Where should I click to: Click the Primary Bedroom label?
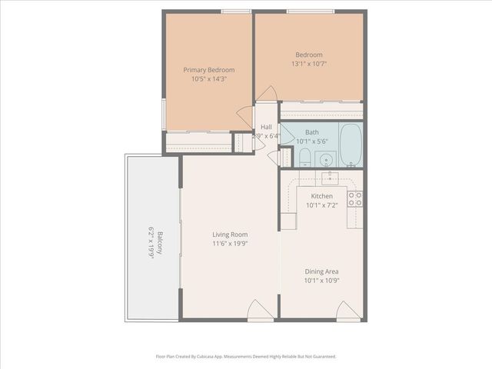pos(208,69)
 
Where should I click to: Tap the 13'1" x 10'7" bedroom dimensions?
pos(309,64)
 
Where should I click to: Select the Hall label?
pos(266,127)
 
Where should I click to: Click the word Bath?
pos(311,132)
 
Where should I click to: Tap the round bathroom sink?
pos(326,160)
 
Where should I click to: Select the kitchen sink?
pos(331,178)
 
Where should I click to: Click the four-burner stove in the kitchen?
pos(354,199)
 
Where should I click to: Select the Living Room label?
pos(230,234)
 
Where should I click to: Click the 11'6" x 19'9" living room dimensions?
pos(230,244)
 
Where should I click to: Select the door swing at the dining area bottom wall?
pos(347,309)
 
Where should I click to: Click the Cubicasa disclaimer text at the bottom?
pos(245,357)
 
